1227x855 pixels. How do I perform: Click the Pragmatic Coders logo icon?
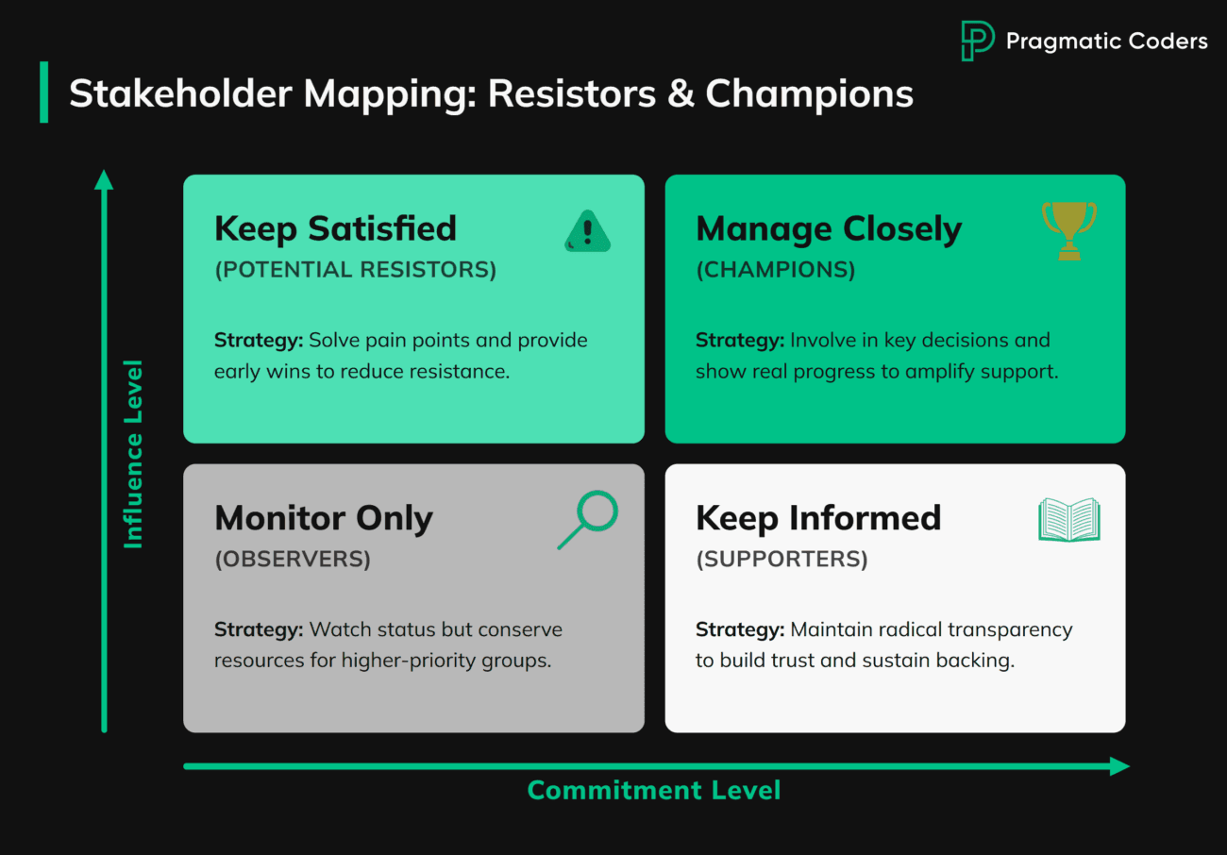pyautogui.click(x=977, y=42)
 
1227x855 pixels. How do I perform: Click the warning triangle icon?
pyautogui.click(x=587, y=232)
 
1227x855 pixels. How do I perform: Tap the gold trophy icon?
pyautogui.click(x=1068, y=230)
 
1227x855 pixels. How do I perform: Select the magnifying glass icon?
pyautogui.click(x=588, y=519)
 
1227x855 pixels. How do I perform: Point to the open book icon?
pyautogui.click(x=1068, y=520)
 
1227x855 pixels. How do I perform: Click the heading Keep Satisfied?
pyautogui.click(x=335, y=229)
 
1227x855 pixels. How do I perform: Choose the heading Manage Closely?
pyautogui.click(x=829, y=229)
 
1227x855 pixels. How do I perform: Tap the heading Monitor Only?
pyautogui.click(x=324, y=518)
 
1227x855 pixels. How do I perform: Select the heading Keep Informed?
pyautogui.click(x=818, y=518)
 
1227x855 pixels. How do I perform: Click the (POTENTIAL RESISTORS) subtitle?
pyautogui.click(x=355, y=270)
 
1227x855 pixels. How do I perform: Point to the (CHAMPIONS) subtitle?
pyautogui.click(x=775, y=270)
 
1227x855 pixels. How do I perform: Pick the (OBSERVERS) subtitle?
pyautogui.click(x=293, y=559)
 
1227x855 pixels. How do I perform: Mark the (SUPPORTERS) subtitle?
pyautogui.click(x=782, y=559)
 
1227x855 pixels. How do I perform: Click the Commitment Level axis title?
pyautogui.click(x=653, y=791)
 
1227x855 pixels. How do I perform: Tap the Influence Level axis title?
pyautogui.click(x=133, y=453)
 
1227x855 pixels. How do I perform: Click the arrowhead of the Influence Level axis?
pyautogui.click(x=104, y=179)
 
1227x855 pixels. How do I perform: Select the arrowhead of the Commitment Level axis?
pyautogui.click(x=1119, y=766)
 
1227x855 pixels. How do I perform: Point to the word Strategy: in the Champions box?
pyautogui.click(x=739, y=341)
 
